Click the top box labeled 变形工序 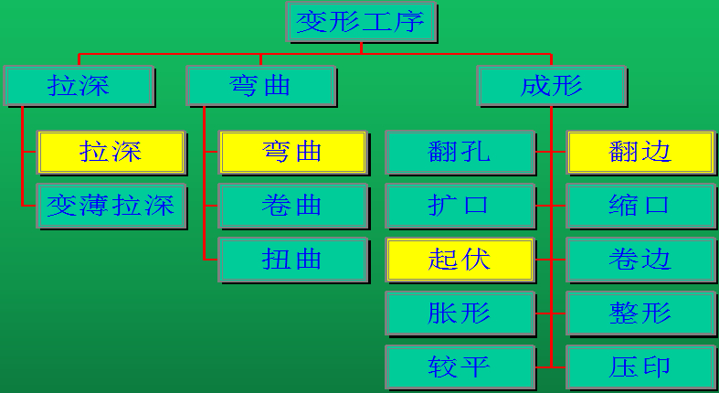pos(362,22)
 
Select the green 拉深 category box pos(79,86)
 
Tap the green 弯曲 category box pos(261,86)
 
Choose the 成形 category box pos(552,86)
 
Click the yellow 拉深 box pos(111,152)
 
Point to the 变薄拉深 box pos(111,206)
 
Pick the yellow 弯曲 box pos(292,152)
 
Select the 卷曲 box pos(292,206)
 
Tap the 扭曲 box pos(292,260)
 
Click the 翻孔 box pos(460,152)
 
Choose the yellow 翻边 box pos(640,152)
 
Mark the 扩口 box pos(460,206)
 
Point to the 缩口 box pos(640,206)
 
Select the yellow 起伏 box pos(460,260)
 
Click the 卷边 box pos(640,260)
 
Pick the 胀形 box pos(460,313)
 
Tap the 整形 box pos(640,313)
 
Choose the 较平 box pos(460,367)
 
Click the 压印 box pos(640,367)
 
